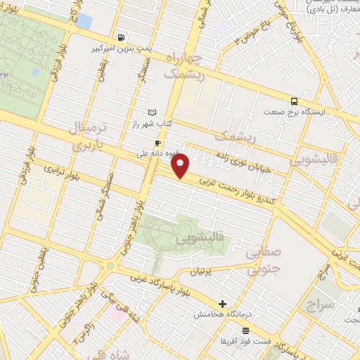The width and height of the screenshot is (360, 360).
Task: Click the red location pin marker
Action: point(181,167)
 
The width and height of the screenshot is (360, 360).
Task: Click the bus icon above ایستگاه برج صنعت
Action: point(294,101)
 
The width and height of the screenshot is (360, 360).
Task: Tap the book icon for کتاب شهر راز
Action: point(153,112)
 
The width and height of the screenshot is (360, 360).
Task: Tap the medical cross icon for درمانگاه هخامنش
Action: point(223,304)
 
